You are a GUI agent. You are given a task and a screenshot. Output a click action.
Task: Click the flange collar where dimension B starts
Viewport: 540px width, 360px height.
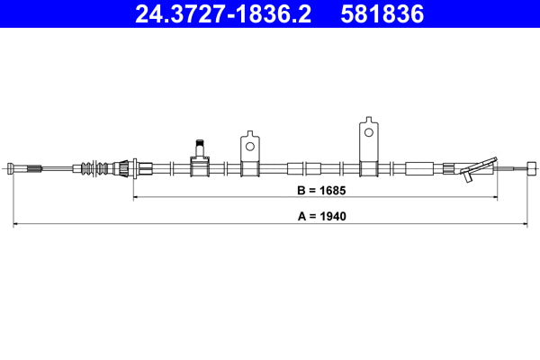(x=135, y=167)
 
